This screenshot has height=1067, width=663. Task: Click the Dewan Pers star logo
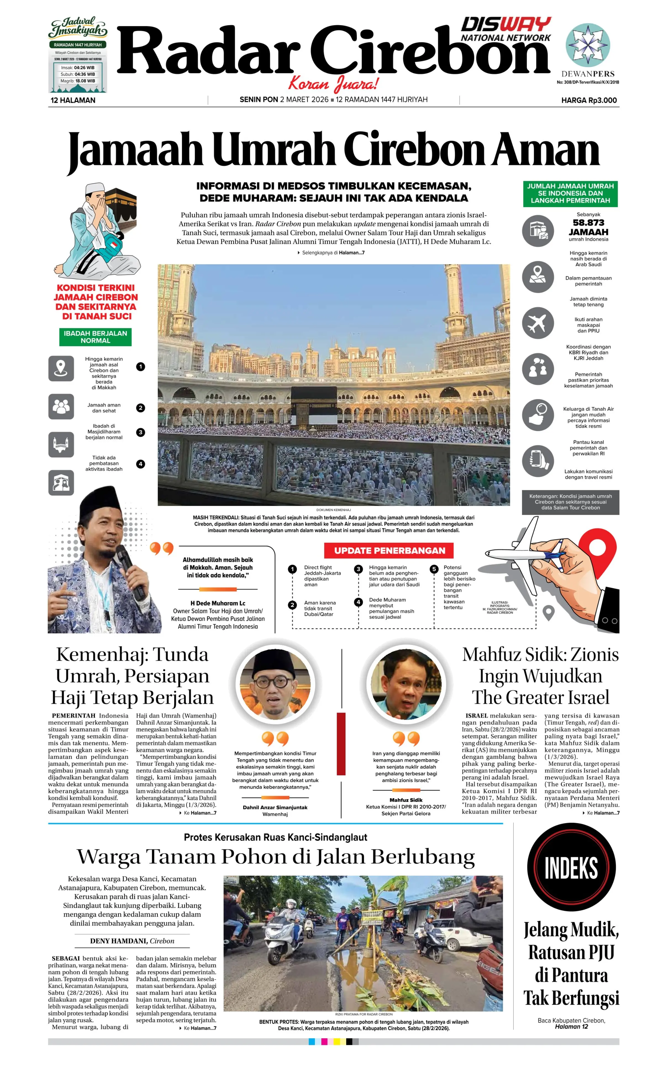pyautogui.click(x=588, y=45)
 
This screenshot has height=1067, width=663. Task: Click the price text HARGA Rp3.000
pyautogui.click(x=589, y=101)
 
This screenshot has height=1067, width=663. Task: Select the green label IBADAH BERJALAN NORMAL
pyautogui.click(x=95, y=337)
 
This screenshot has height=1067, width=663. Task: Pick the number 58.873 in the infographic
pyautogui.click(x=588, y=223)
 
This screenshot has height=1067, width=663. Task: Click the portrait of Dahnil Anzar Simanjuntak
pyautogui.click(x=275, y=684)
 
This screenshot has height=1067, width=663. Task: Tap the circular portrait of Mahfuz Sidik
pyautogui.click(x=406, y=684)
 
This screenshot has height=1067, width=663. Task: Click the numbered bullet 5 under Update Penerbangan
pyautogui.click(x=434, y=569)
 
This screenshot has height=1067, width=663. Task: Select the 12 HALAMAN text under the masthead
pyautogui.click(x=73, y=101)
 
